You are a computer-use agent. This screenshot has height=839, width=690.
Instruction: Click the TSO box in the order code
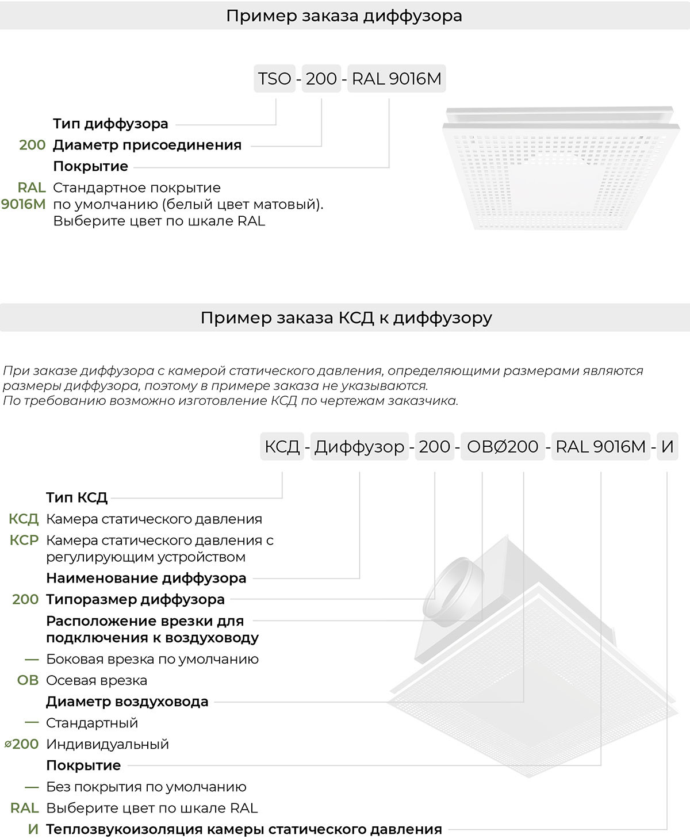pyautogui.click(x=275, y=79)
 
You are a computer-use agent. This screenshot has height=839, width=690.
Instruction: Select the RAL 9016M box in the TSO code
pyautogui.click(x=397, y=79)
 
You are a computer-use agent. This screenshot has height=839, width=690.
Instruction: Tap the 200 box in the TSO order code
pyautogui.click(x=321, y=79)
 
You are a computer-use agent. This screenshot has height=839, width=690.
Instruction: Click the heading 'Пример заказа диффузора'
pyautogui.click(x=344, y=16)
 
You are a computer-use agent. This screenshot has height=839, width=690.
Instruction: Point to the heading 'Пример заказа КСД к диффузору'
pyautogui.click(x=346, y=317)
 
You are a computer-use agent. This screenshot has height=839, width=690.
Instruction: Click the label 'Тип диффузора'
pyautogui.click(x=110, y=124)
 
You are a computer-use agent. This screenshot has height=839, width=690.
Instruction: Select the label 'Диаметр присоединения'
pyautogui.click(x=147, y=145)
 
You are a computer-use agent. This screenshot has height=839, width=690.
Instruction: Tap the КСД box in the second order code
pyautogui.click(x=282, y=447)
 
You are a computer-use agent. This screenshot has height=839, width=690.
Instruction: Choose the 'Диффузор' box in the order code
pyautogui.click(x=359, y=447)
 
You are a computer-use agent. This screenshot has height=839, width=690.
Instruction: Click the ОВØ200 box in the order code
pyautogui.click(x=503, y=447)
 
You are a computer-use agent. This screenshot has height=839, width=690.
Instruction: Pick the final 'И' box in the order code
pyautogui.click(x=667, y=447)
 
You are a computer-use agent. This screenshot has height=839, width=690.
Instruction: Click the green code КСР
pyautogui.click(x=24, y=541)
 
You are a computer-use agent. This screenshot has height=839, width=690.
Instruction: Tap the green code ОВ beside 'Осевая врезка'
pyautogui.click(x=28, y=680)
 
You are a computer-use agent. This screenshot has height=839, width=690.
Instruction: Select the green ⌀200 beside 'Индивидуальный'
pyautogui.click(x=22, y=744)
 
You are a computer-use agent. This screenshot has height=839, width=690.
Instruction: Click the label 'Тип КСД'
pyautogui.click(x=77, y=497)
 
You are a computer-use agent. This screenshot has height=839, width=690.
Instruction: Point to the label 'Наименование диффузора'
pyautogui.click(x=146, y=578)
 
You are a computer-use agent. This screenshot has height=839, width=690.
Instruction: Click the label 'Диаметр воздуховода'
pyautogui.click(x=127, y=702)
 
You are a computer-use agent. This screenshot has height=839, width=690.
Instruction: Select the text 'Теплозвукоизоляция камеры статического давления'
pyautogui.click(x=244, y=829)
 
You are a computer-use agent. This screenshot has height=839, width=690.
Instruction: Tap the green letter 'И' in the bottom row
pyautogui.click(x=33, y=829)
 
